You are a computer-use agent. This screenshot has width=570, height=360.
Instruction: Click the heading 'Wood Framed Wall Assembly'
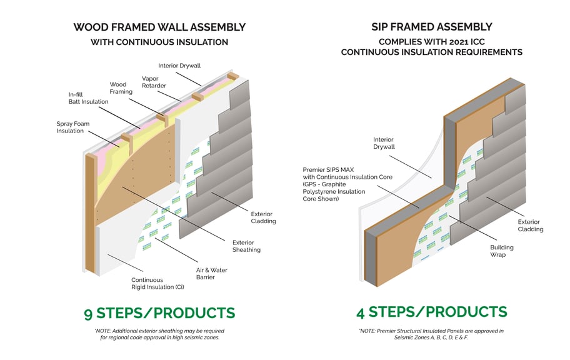pos(159,27)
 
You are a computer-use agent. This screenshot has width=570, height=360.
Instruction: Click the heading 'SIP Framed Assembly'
pos(431,27)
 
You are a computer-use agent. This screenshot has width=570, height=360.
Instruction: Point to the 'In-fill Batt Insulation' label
pos(88,98)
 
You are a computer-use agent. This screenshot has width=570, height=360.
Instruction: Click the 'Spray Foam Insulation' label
pos(74,127)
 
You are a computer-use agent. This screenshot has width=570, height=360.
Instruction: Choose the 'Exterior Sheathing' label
pos(246,246)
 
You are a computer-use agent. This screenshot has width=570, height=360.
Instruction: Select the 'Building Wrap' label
pos(501,251)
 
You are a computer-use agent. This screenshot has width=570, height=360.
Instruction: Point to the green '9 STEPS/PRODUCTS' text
pos(159,313)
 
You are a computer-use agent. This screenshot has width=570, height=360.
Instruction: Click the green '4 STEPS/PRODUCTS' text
pos(432,312)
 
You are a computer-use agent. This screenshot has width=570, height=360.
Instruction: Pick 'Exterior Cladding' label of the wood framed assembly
pos(262,217)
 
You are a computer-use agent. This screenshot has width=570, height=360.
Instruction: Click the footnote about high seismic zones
pos(159,334)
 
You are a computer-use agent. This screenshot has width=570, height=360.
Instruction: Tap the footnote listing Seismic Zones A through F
pos(431,334)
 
